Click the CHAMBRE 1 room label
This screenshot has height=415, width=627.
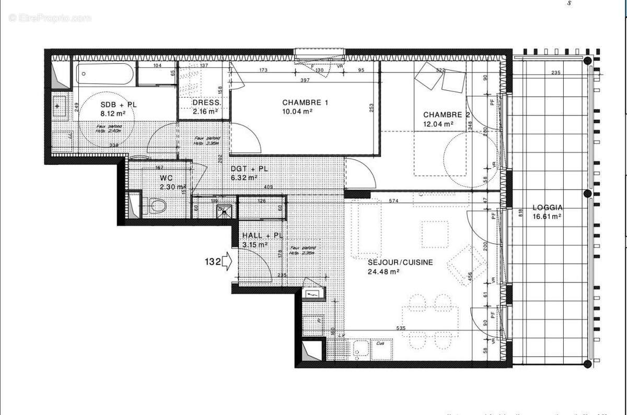pos(305,102)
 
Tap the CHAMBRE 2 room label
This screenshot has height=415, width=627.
pos(443,115)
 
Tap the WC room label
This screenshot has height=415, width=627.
pos(166,178)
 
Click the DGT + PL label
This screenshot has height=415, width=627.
pos(250,169)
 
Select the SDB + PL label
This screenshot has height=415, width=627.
pos(119,104)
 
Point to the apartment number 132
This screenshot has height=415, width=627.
pos(212,261)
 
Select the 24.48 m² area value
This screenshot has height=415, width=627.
pos(384,271)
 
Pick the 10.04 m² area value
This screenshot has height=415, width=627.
pos(297,111)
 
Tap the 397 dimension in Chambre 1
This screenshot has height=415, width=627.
pos(305,80)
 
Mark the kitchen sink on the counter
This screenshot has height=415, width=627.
pos(361,348)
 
